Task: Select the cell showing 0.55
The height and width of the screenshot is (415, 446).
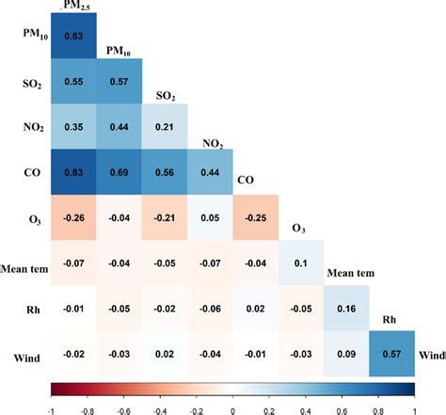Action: click(x=73, y=81)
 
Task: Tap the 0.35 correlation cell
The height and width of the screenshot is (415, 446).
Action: click(x=73, y=127)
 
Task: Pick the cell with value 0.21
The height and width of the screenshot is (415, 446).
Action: click(x=165, y=127)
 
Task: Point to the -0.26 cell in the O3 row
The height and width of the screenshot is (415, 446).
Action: click(x=73, y=218)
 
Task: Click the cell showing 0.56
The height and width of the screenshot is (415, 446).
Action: click(x=165, y=172)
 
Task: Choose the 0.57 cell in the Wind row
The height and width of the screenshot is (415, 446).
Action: click(x=393, y=356)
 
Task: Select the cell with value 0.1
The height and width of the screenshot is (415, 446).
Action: click(x=302, y=264)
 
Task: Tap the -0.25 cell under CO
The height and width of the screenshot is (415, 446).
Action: click(x=256, y=218)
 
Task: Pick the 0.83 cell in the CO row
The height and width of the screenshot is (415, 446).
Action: click(x=73, y=172)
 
